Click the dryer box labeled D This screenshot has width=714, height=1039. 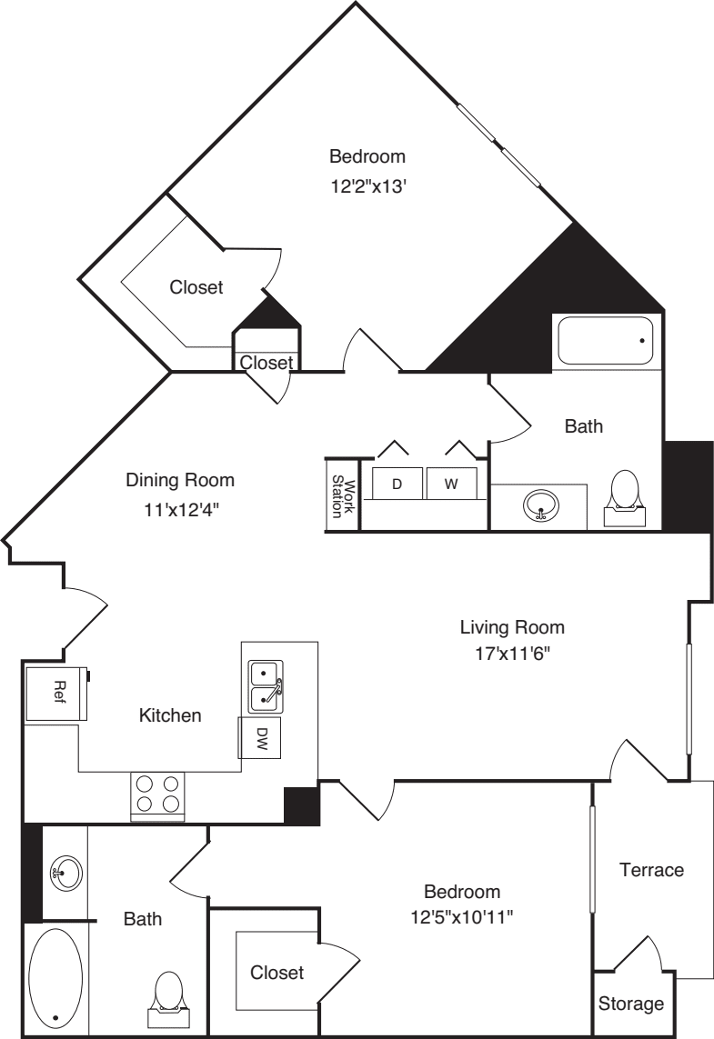[x=397, y=485]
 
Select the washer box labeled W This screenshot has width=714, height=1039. [x=451, y=485]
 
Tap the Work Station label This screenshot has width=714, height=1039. [x=343, y=495]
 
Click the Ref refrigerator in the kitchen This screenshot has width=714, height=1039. [x=56, y=694]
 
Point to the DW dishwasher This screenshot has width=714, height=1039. [x=260, y=737]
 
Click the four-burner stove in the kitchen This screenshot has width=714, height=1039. [x=157, y=794]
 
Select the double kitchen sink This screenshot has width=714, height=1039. [x=266, y=686]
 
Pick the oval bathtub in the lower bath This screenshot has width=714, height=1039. [x=55, y=977]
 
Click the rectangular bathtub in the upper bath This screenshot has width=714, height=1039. [x=605, y=342]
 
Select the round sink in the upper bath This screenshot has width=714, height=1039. [x=541, y=505]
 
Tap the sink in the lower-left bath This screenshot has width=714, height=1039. [x=64, y=874]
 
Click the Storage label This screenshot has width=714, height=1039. [x=631, y=1004]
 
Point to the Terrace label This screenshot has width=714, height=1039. [x=651, y=870]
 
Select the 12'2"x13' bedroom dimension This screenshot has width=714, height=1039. [x=367, y=188]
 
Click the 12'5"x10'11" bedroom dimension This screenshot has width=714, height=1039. [x=462, y=916]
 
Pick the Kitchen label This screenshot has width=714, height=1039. [x=169, y=715]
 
